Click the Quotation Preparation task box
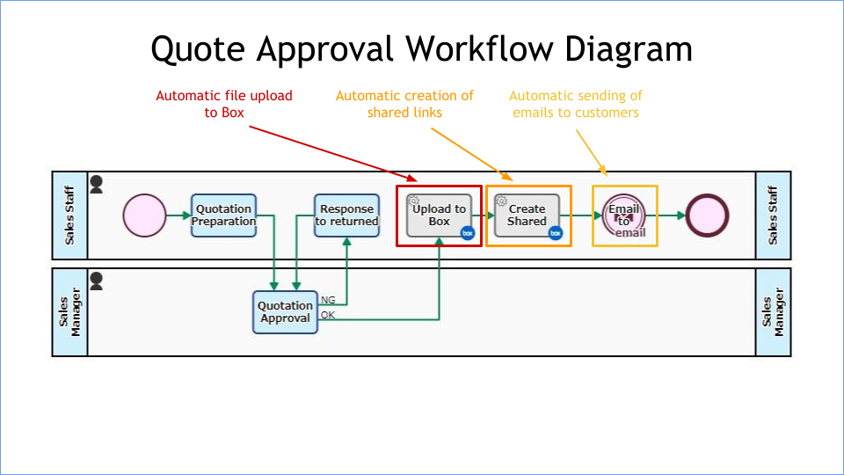223,216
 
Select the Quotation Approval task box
285,312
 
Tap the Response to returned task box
346,216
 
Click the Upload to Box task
439,216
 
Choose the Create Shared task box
527,216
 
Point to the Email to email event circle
624,216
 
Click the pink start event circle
144,216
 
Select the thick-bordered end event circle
708,216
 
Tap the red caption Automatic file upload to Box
224,104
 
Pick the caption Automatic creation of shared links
404,104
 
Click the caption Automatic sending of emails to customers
576,104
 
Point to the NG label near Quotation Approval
328,300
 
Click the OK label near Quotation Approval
328,315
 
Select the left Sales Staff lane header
69,216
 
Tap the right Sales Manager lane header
774,312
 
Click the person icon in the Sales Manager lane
97,281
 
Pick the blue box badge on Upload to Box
468,233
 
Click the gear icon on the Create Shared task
502,201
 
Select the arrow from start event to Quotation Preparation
178,216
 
